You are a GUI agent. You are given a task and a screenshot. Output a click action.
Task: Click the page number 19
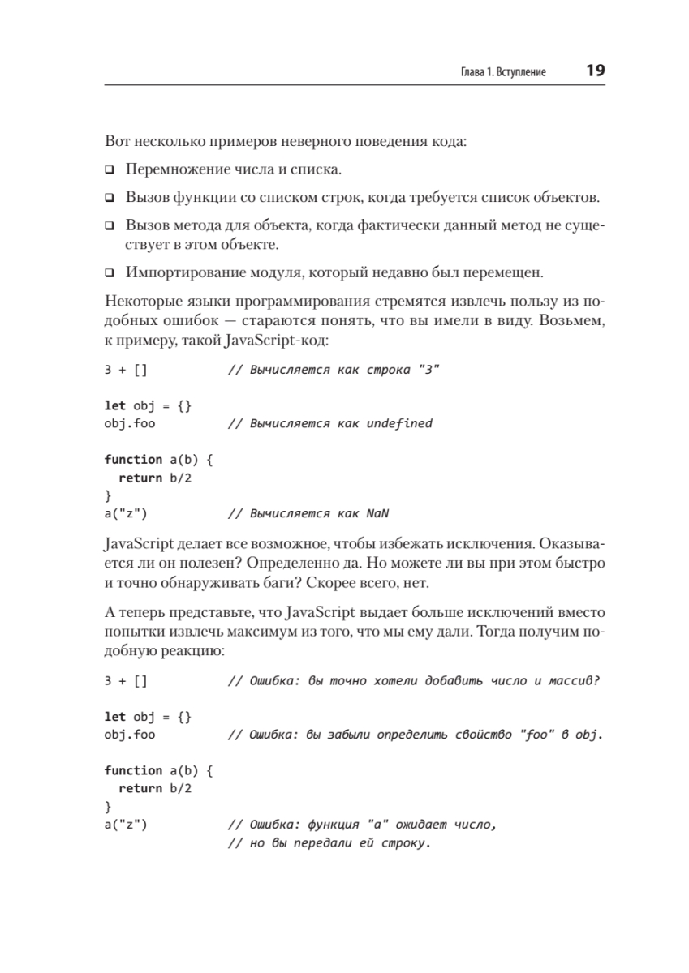[x=595, y=71]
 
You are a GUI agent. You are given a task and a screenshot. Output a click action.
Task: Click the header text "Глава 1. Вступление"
[x=502, y=72]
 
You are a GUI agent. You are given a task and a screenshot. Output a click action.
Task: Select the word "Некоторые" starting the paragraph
[x=136, y=301]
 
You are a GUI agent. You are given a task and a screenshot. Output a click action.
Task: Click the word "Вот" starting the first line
[x=116, y=142]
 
